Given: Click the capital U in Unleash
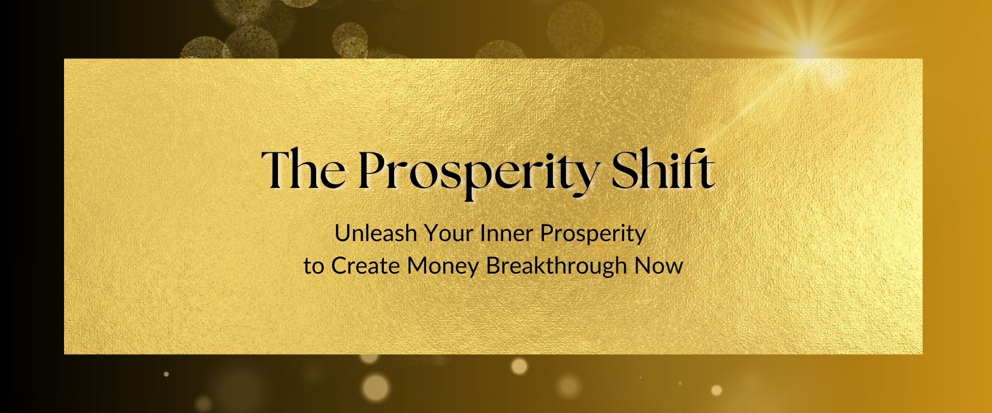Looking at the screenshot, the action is pyautogui.click(x=343, y=233).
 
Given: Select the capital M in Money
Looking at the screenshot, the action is pyautogui.click(x=418, y=266).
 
